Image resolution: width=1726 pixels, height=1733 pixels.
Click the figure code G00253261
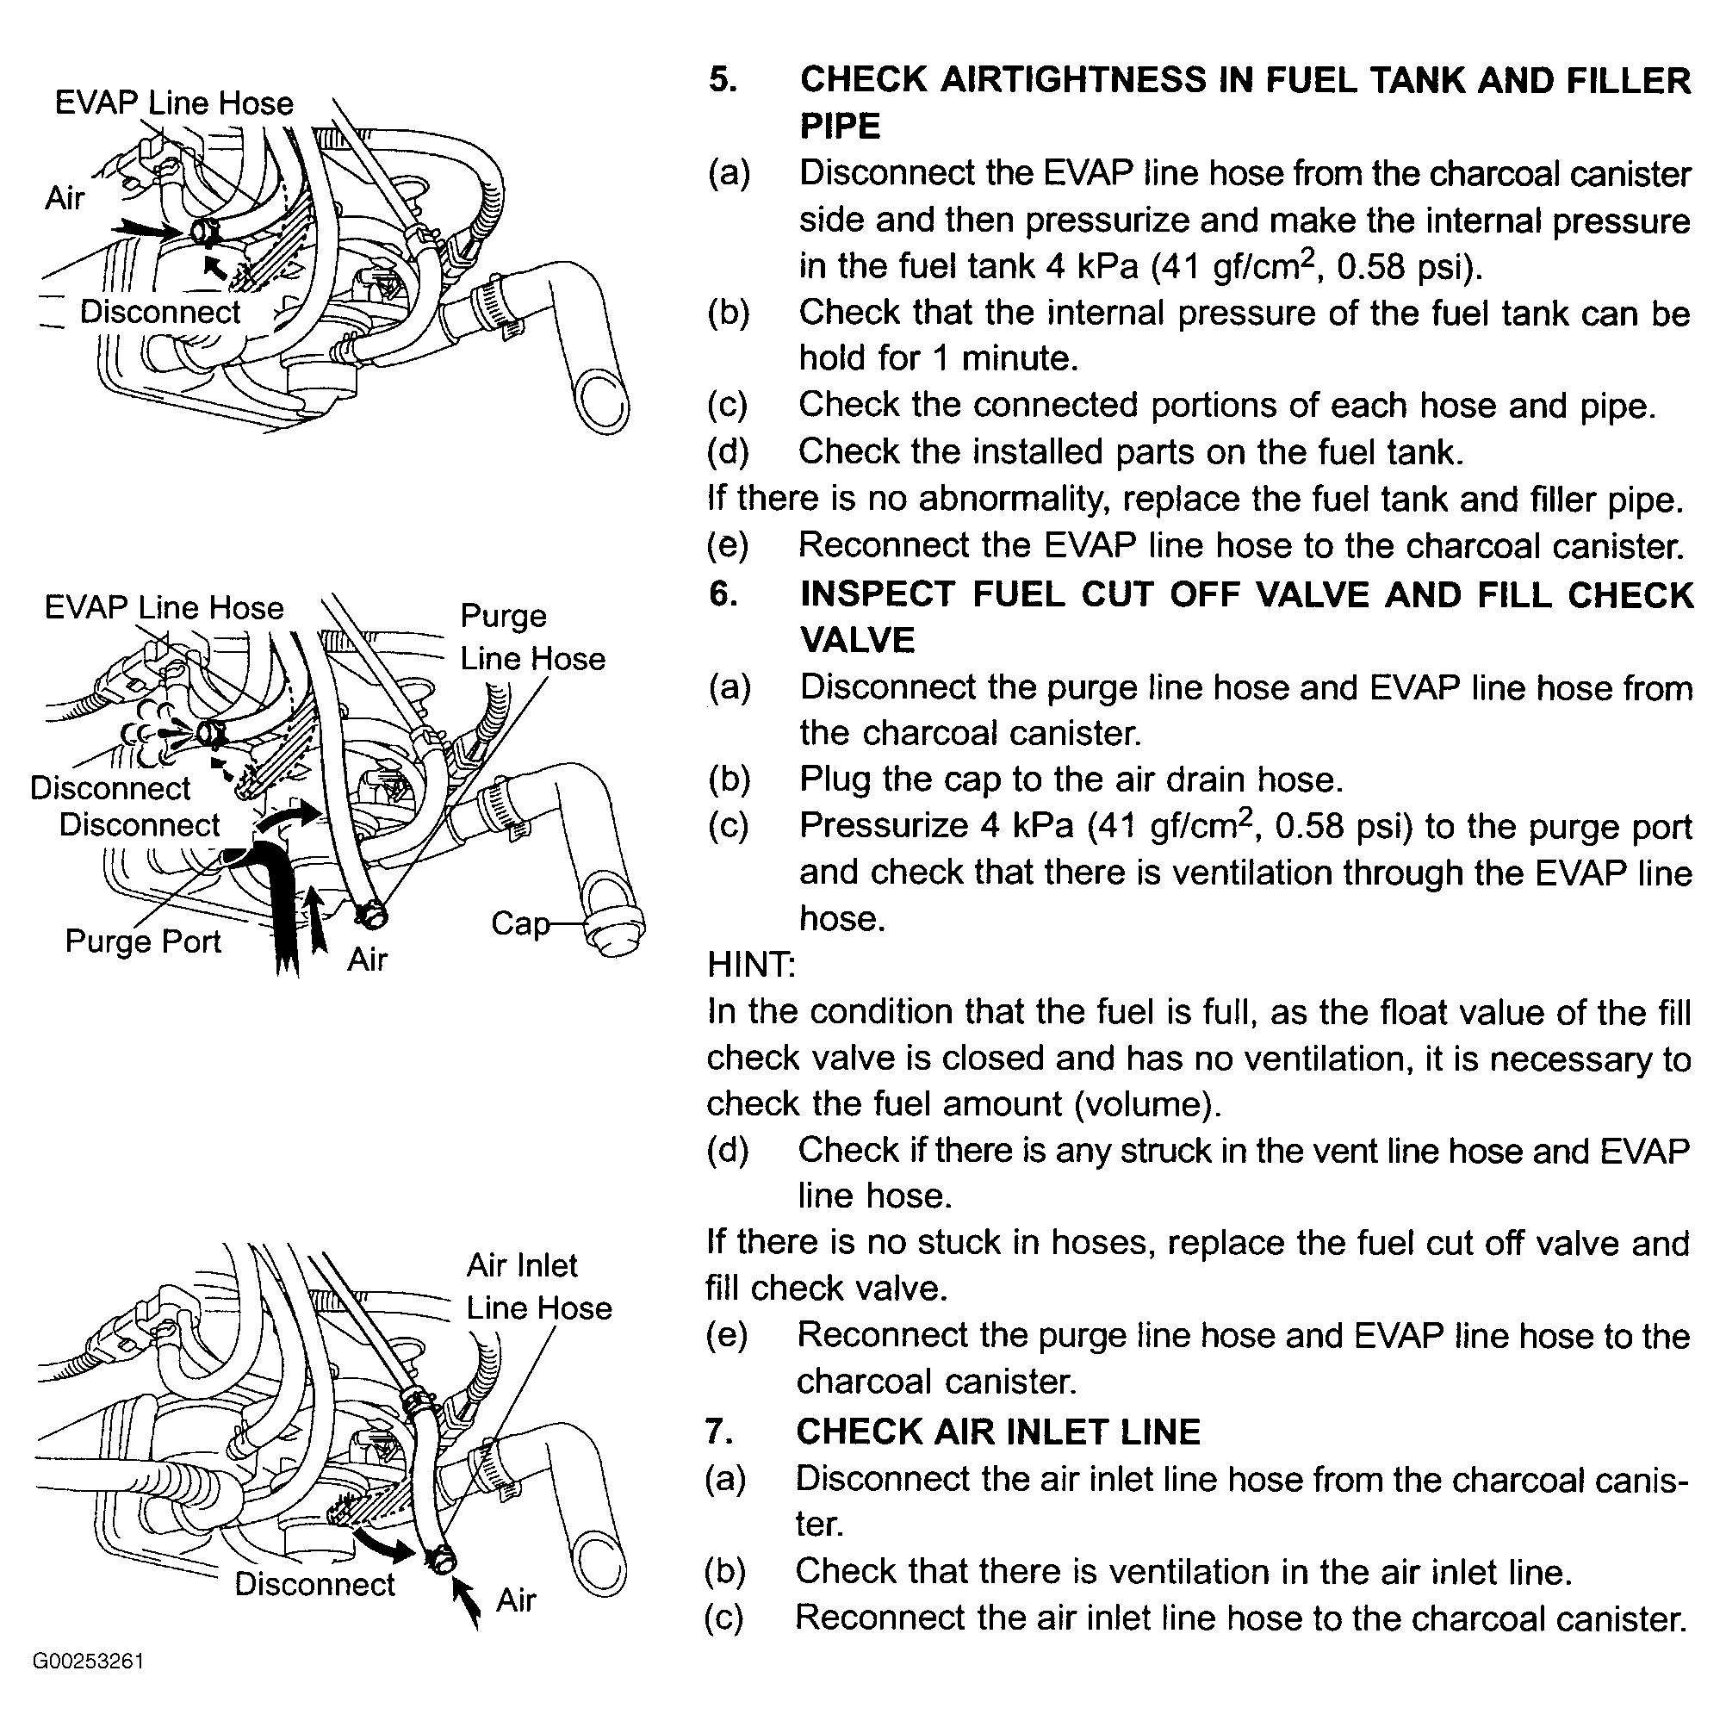point(88,1661)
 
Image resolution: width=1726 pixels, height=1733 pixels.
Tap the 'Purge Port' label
point(143,941)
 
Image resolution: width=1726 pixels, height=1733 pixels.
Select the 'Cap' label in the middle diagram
point(518,923)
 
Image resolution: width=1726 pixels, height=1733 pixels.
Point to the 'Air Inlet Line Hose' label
point(538,1285)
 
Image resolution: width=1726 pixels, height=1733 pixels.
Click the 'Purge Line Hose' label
point(532,637)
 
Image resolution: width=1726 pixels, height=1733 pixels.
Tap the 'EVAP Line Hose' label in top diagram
point(174,103)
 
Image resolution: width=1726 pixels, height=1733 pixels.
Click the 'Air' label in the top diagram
point(65,197)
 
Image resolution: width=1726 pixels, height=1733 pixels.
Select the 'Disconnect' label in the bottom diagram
point(314,1584)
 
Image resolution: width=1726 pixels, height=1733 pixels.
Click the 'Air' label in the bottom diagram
point(516,1599)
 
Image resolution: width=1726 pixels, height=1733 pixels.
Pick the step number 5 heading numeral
point(723,80)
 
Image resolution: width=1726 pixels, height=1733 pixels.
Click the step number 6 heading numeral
point(723,593)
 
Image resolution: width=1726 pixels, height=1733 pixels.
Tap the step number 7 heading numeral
point(720,1432)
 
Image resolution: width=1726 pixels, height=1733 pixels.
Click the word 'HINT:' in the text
point(751,966)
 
